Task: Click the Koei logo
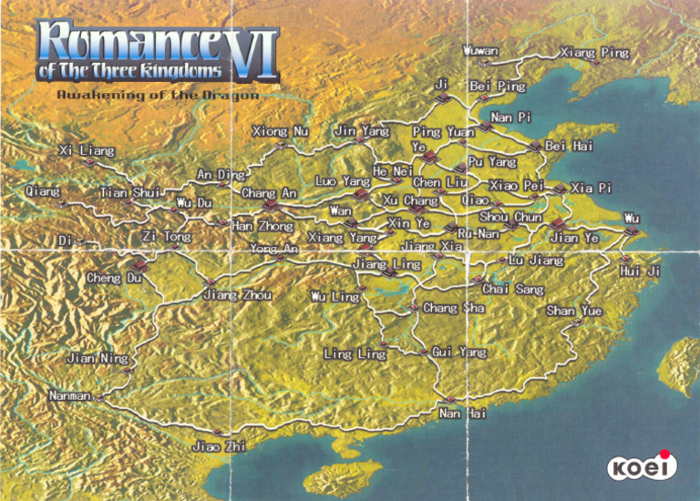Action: click(x=643, y=466)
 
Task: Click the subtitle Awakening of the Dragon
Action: click(x=158, y=95)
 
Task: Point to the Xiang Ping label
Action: click(x=594, y=53)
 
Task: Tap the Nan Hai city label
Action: click(x=463, y=414)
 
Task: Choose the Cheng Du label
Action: click(x=115, y=277)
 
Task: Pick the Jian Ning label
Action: click(x=98, y=358)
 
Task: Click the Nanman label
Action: click(x=70, y=396)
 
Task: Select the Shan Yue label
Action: click(x=574, y=311)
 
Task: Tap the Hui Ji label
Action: click(x=640, y=271)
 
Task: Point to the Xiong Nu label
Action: click(x=280, y=132)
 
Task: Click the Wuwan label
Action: click(x=480, y=50)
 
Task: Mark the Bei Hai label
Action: click(x=569, y=146)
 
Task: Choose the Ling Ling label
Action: click(x=355, y=353)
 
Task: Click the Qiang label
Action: click(x=43, y=191)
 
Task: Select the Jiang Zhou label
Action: click(x=237, y=295)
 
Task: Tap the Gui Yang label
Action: click(x=459, y=352)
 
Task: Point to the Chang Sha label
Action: click(x=453, y=308)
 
